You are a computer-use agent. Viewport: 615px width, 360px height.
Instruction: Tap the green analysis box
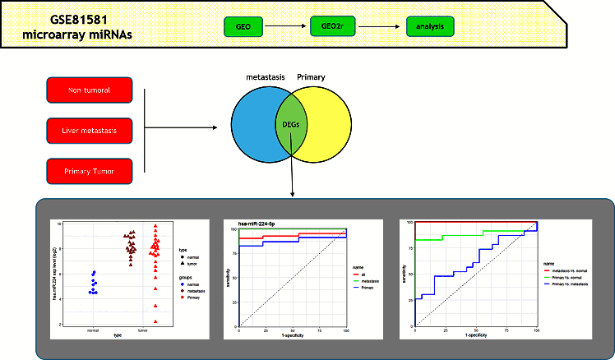tap(429, 27)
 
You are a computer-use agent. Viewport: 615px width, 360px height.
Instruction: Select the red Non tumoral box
tap(90, 89)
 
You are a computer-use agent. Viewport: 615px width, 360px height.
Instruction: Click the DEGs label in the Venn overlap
tap(289, 126)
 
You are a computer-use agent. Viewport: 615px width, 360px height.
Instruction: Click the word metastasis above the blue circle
tap(266, 77)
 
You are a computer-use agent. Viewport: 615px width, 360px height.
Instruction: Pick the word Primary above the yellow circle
tap(311, 77)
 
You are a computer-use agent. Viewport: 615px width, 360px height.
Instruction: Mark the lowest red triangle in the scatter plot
tap(155, 321)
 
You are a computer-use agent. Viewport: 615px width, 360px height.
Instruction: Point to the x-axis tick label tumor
tap(143, 331)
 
